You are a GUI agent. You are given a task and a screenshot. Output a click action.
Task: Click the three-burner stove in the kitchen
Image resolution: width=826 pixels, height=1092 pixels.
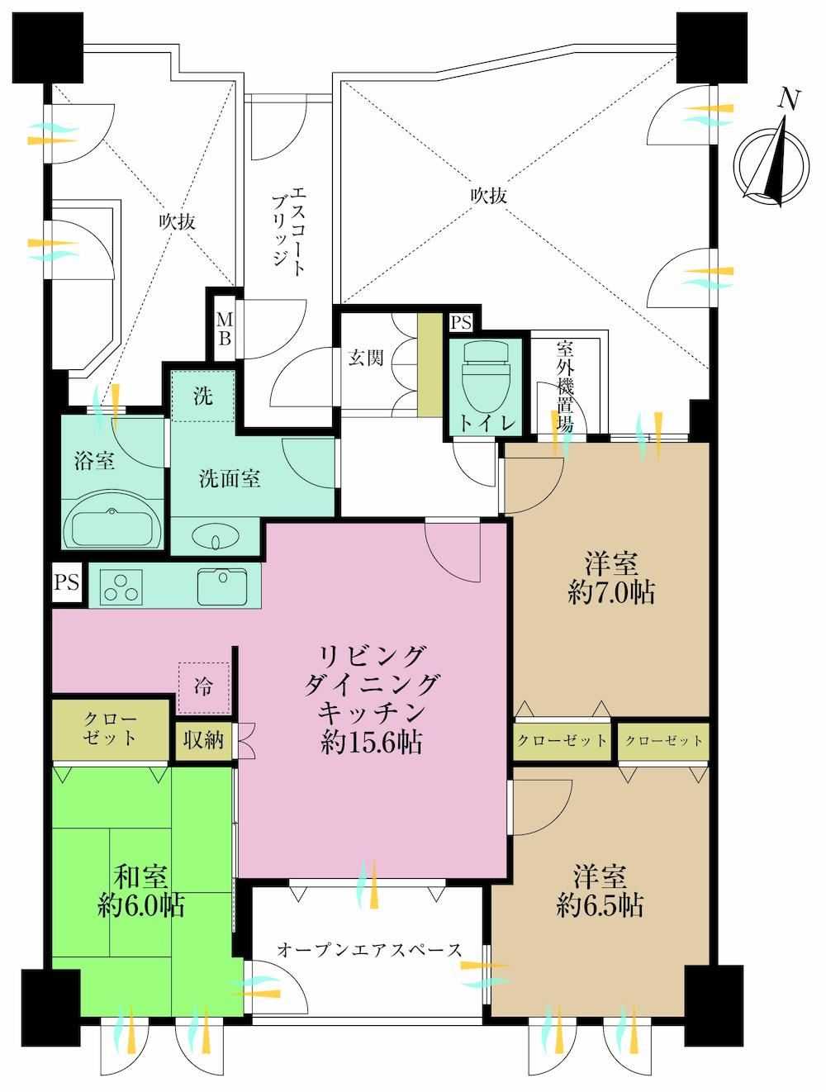tap(121, 586)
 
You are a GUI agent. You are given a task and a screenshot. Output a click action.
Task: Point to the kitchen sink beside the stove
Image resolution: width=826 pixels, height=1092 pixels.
tap(222, 586)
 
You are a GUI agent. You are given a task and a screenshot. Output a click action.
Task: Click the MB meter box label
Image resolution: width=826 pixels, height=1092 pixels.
tap(225, 329)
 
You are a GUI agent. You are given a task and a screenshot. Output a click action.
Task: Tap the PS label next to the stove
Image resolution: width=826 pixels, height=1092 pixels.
tap(67, 582)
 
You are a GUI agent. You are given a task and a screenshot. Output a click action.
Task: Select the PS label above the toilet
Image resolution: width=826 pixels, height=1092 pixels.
tap(460, 323)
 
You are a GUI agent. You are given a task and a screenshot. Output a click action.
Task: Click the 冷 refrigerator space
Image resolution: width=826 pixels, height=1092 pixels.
tap(203, 688)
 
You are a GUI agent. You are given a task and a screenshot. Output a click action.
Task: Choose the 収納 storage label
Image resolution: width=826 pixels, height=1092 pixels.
tap(203, 740)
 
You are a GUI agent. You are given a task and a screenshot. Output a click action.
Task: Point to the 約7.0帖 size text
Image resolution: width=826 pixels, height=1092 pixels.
tap(611, 592)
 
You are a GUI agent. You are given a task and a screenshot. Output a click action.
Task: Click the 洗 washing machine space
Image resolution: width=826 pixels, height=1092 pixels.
tap(203, 396)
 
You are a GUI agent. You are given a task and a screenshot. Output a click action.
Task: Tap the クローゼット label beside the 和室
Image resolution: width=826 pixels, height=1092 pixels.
tap(110, 729)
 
